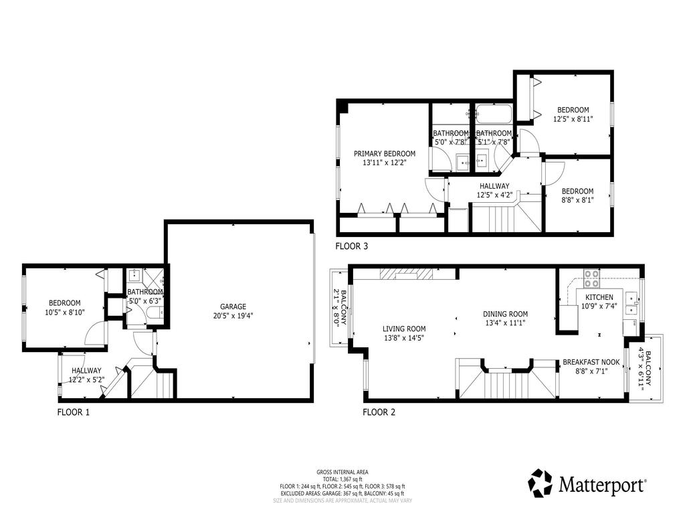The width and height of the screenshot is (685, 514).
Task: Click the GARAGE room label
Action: (237, 306)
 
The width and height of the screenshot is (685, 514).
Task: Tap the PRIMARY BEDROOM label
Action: (385, 153)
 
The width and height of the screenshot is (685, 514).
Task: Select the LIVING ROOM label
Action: (404, 329)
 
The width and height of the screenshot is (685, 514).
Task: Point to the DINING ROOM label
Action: (505, 314)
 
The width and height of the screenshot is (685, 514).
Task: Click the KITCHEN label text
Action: (599, 297)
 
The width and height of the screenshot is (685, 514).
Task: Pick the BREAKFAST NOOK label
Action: (591, 362)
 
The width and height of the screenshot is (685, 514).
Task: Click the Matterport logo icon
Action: (541, 481)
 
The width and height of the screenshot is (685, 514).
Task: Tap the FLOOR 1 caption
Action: (74, 412)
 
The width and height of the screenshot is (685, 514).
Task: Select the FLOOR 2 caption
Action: (379, 412)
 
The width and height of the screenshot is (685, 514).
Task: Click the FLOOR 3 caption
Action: (351, 246)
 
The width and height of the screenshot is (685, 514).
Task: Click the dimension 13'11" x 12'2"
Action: (385, 163)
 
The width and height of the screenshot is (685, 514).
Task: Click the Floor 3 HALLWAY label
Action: (494, 186)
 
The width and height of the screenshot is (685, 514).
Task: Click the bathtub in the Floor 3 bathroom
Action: (494, 113)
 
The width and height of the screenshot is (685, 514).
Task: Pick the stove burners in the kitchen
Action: (592, 274)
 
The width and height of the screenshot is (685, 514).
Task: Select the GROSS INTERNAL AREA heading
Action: (342, 472)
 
